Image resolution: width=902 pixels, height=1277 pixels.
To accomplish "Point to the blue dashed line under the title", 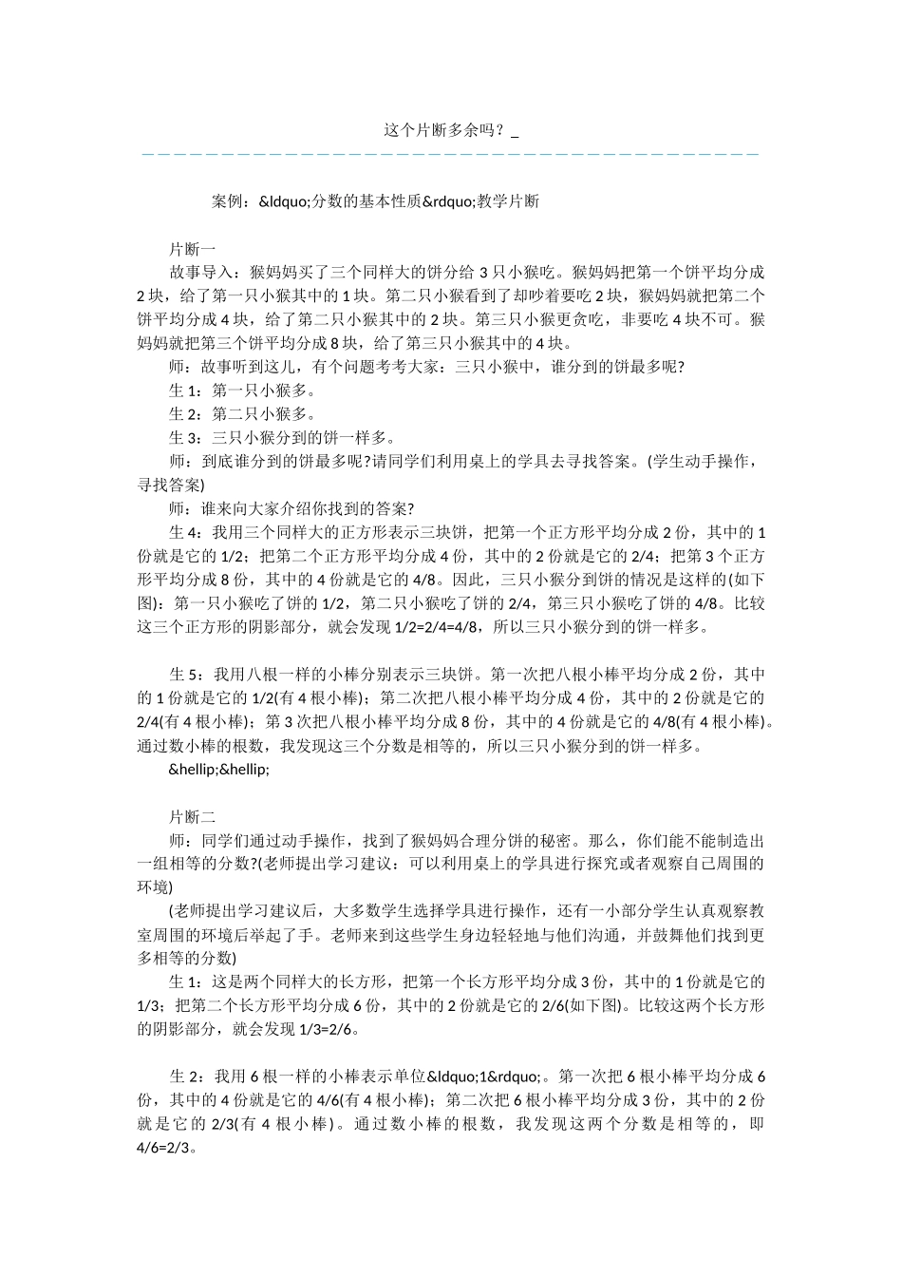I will click(450, 154).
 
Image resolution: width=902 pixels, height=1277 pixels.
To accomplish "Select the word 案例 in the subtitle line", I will click(228, 201).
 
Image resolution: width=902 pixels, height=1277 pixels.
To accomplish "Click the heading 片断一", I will click(193, 249).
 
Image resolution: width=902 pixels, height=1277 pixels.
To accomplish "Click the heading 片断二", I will click(193, 817).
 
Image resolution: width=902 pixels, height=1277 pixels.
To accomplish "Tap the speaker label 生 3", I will click(185, 438).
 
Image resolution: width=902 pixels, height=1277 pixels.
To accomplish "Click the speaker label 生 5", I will click(185, 675).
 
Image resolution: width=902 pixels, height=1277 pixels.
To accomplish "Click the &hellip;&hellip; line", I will click(219, 770).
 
